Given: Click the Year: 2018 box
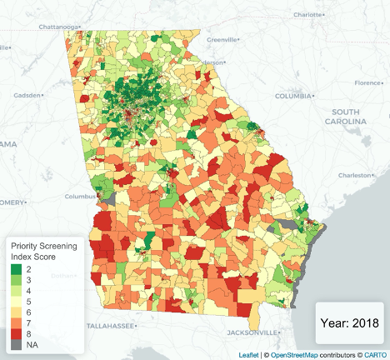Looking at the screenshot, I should click(349, 322).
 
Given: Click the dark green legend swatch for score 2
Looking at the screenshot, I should click(17, 269).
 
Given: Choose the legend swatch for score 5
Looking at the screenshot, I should click(17, 301).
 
